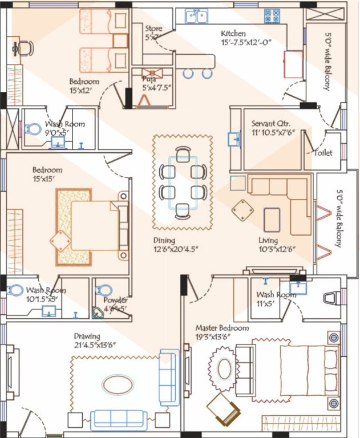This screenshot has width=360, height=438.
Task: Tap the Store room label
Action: (153, 29)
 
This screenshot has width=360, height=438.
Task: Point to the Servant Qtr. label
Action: (272, 124)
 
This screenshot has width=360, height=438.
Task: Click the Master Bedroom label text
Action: (222, 328)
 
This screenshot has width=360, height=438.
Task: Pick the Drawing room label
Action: (87, 336)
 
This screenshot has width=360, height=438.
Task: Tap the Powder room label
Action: (115, 300)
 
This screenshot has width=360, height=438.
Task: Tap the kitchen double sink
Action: (196, 16)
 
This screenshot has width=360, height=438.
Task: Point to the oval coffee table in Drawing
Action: (118, 384)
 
